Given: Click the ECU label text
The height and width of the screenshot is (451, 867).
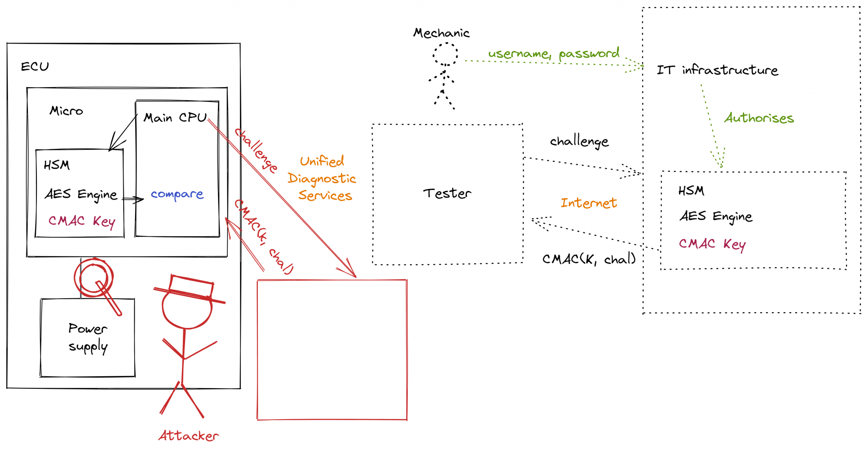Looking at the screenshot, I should pos(35,67).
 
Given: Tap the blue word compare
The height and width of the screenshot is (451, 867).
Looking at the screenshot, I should pos(177,194).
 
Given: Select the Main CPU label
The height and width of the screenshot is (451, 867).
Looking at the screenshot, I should pos(175,118).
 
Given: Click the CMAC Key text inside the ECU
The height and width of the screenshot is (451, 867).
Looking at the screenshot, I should pos(81,221).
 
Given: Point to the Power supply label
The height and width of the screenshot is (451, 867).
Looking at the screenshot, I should pos(88,337).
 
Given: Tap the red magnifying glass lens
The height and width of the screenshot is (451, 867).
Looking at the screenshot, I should pos(94,278).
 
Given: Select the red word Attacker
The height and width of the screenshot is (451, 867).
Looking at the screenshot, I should pos(188,436).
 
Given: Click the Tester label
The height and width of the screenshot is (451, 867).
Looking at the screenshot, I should pos(447,194).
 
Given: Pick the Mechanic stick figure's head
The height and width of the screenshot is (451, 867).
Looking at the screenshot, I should pos(445,54).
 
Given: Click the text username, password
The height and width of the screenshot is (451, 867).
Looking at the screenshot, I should pos(553,54).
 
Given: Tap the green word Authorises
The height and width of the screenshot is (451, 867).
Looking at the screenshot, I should pos(759,118).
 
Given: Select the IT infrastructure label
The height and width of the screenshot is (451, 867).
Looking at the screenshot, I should pos(717,70).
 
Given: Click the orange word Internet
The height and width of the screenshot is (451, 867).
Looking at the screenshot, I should pos(588,203).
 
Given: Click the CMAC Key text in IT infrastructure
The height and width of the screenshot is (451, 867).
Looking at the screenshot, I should pos(712,244).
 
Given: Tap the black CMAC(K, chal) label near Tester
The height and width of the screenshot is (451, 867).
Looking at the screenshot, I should pos(589,259).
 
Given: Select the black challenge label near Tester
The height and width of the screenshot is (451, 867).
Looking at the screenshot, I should pos(579,141).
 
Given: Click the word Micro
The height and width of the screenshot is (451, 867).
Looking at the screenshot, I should pos(66,111).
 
